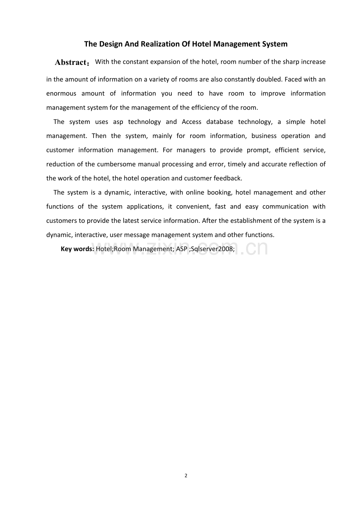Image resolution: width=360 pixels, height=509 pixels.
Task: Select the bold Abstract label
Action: [x=71, y=63]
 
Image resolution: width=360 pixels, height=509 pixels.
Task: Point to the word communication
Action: [x=285, y=206]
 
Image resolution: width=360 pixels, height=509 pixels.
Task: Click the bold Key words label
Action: [x=77, y=249]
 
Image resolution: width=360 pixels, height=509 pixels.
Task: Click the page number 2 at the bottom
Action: [x=186, y=476]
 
